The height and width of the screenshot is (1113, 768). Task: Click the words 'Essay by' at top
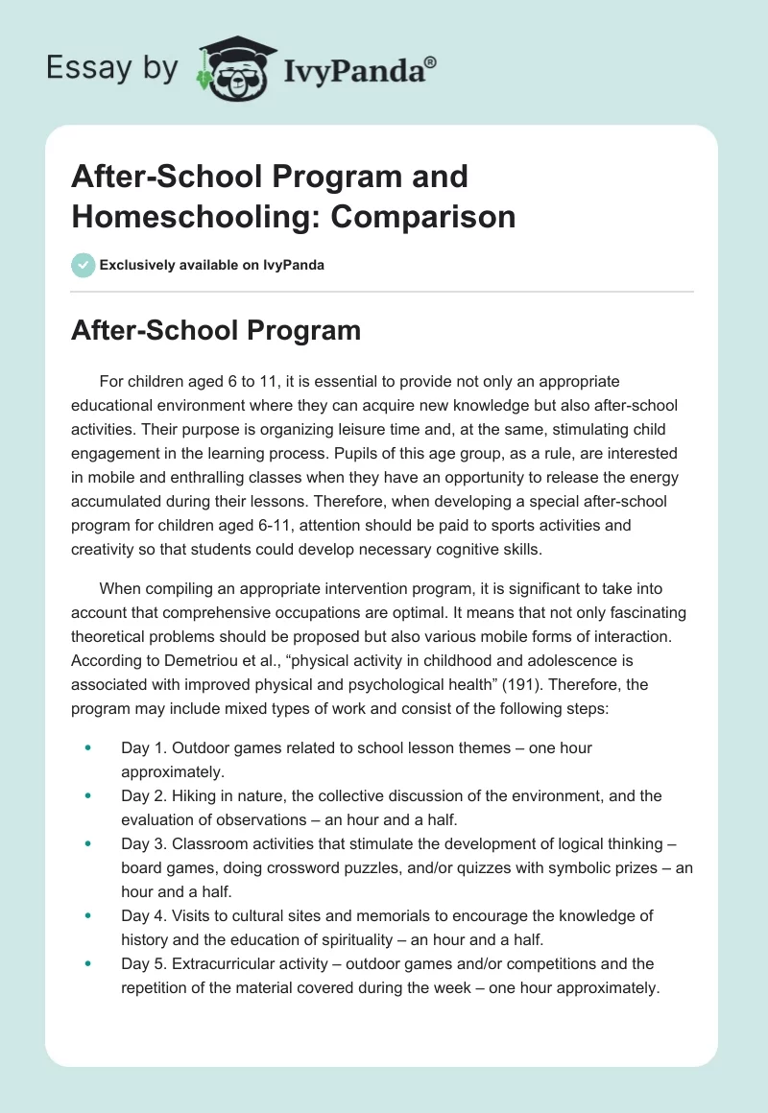113,69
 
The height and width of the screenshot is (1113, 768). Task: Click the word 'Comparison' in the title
409,217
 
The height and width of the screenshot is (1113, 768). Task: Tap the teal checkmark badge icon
84,265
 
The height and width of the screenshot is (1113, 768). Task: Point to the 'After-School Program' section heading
216,331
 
